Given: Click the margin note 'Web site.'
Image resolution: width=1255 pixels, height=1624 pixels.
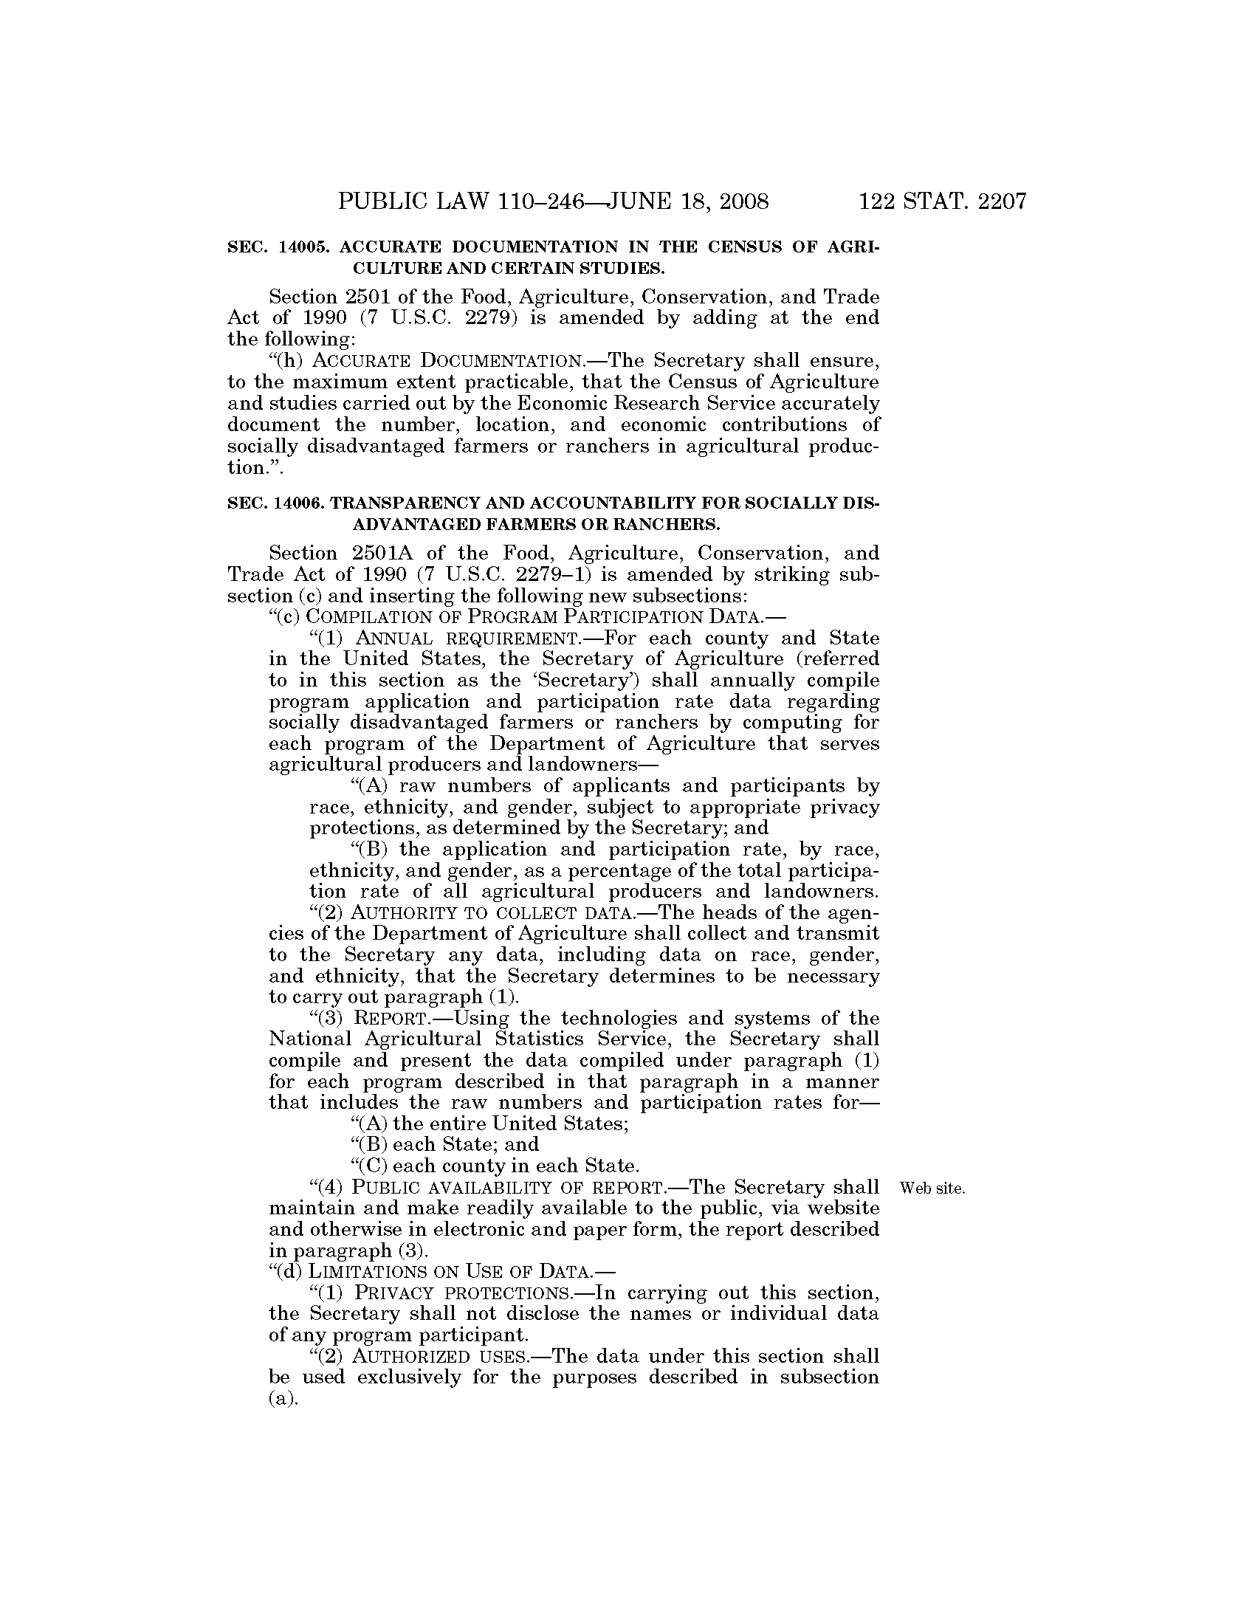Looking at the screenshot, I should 932,1188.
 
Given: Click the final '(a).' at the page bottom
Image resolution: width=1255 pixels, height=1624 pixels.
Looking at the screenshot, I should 283,1399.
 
